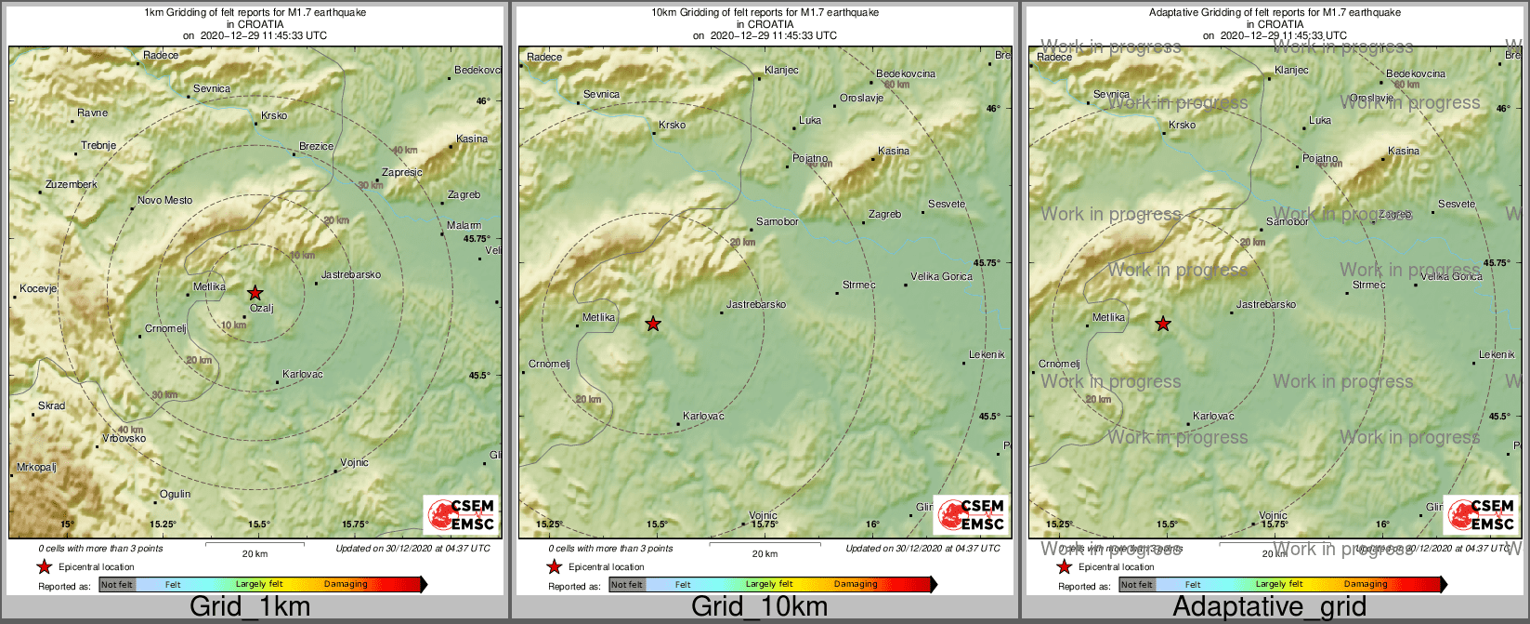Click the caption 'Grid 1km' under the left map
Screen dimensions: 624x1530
(249, 607)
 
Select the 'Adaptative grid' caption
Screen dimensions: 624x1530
(1269, 607)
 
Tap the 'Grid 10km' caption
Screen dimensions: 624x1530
(759, 607)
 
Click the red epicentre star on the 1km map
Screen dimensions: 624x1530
(255, 293)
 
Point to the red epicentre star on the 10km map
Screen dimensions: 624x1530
(653, 324)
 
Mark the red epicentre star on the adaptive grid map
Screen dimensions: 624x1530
(1163, 324)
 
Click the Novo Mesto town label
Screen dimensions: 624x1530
(164, 201)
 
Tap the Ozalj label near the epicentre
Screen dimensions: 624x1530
(262, 309)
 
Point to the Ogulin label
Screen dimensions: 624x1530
(175, 495)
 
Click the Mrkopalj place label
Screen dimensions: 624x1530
(36, 468)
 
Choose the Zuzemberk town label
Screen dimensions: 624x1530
(71, 185)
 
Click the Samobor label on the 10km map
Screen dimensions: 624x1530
(777, 222)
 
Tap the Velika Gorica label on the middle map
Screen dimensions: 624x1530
(941, 277)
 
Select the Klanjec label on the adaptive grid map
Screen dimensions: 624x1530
(1291, 71)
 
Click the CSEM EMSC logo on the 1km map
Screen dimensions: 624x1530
(461, 514)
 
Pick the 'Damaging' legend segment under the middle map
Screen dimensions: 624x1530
(856, 585)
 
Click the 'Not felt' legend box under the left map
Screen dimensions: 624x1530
(117, 585)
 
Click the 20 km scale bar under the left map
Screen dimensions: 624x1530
(255, 544)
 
